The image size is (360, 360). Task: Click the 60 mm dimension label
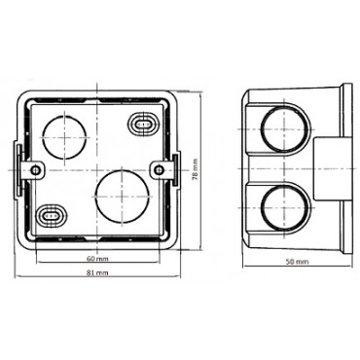[96, 259]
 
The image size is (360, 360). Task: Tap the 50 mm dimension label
[298, 263]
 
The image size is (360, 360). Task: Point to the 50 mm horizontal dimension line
[298, 255]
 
